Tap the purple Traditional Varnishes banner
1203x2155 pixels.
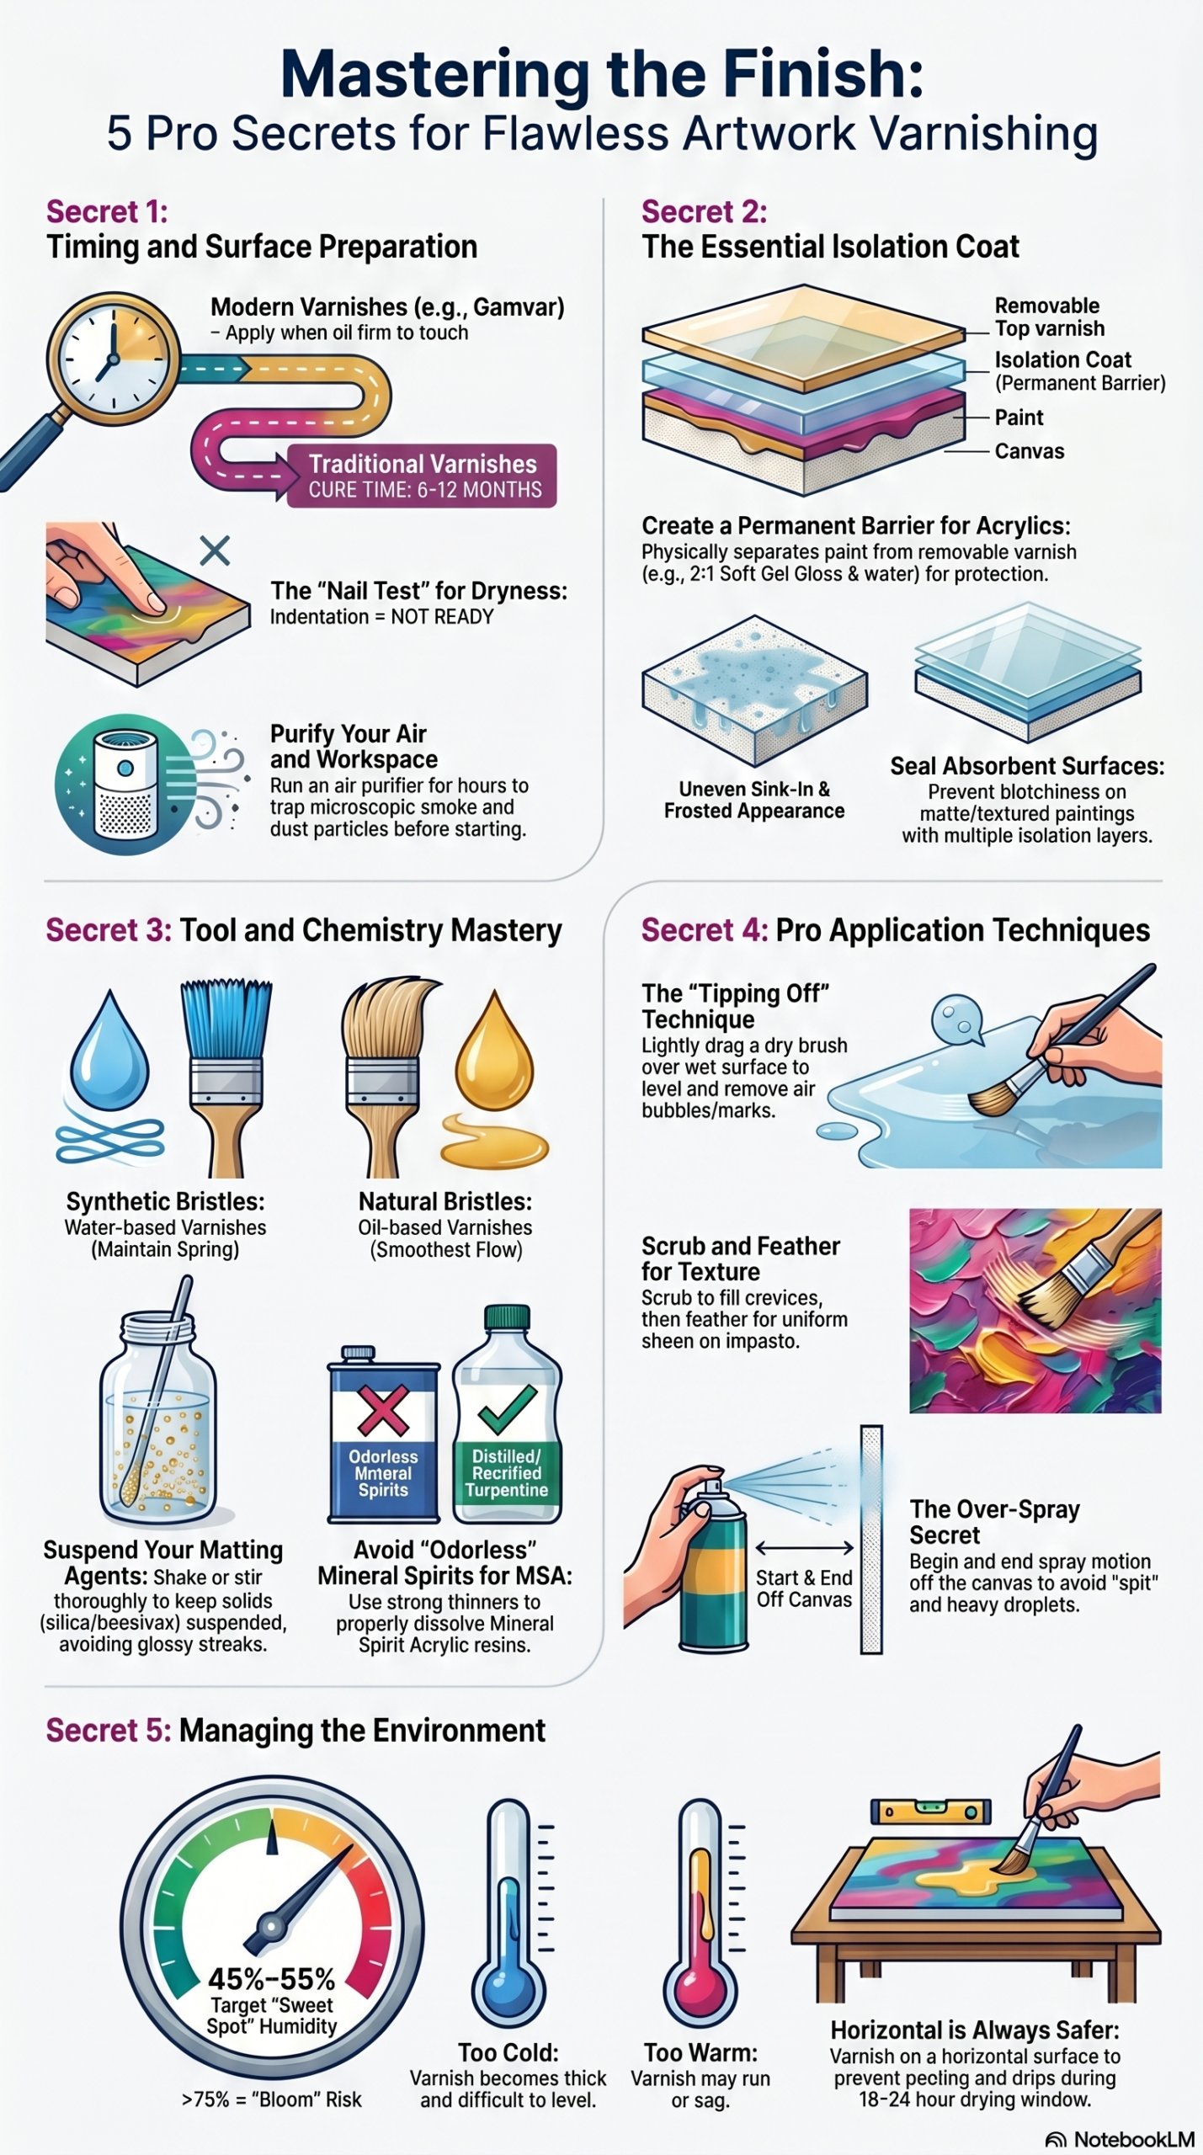[x=422, y=476]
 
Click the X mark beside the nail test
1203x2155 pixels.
[x=215, y=551]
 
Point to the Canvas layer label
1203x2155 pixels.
[x=1029, y=451]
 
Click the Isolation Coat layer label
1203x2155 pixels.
[x=1062, y=360]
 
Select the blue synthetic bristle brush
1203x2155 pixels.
[x=226, y=1077]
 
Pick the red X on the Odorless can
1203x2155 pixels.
[x=383, y=1411]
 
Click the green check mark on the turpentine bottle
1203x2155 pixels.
[x=507, y=1408]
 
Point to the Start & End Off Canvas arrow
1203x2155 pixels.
[x=804, y=1548]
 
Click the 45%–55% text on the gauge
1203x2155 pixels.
[x=271, y=1978]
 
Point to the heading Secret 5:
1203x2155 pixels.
[x=108, y=1730]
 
